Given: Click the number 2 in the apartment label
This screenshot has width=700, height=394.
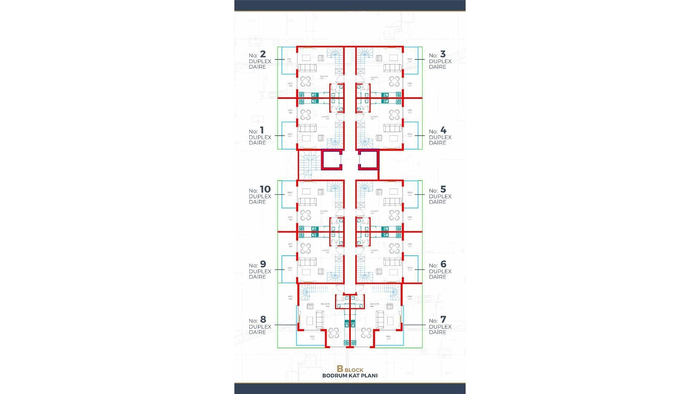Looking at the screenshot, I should pyautogui.click(x=263, y=54).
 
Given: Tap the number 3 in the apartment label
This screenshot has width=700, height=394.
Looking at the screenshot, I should pyautogui.click(x=443, y=54).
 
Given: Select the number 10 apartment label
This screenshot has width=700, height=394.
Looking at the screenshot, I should pyautogui.click(x=265, y=189).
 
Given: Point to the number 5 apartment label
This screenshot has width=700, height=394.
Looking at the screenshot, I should pyautogui.click(x=443, y=189).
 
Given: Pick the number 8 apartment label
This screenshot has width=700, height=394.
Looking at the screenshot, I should pyautogui.click(x=263, y=320).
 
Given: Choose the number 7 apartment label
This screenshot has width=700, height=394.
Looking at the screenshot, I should pyautogui.click(x=443, y=320).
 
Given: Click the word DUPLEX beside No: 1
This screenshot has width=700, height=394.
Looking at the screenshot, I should pyautogui.click(x=260, y=137).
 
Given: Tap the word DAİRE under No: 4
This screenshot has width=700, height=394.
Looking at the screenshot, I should pyautogui.click(x=437, y=143).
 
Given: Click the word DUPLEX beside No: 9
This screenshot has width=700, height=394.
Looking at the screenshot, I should pyautogui.click(x=260, y=271).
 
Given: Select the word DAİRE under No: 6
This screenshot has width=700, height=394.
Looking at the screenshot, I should pyautogui.click(x=437, y=277).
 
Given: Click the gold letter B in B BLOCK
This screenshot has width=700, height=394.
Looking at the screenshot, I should pyautogui.click(x=340, y=369).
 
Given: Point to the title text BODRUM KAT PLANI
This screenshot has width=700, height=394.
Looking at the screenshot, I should pyautogui.click(x=350, y=375).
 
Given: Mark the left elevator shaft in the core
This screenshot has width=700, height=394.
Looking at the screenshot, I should pyautogui.click(x=331, y=160).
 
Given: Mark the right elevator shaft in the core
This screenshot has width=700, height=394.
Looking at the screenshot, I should pyautogui.click(x=369, y=160).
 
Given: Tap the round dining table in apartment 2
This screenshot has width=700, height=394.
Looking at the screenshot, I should pyautogui.click(x=306, y=81).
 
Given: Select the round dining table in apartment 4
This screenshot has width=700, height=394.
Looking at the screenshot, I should pyautogui.click(x=394, y=115).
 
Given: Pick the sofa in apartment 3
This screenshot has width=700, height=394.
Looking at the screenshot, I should pyautogui.click(x=392, y=67).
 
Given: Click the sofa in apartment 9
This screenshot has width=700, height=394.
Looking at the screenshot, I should pyautogui.click(x=307, y=262).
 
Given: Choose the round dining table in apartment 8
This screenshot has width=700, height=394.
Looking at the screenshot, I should pyautogui.click(x=334, y=333).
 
